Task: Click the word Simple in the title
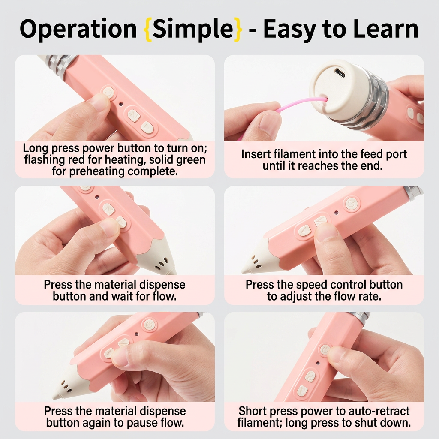(x=193, y=29)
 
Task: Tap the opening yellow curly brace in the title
(x=147, y=29)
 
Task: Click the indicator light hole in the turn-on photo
(x=121, y=104)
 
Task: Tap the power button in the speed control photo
(x=351, y=203)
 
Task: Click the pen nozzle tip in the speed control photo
(x=244, y=271)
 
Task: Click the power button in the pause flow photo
(x=149, y=325)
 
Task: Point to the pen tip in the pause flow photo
(x=55, y=397)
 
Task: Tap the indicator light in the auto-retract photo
(x=318, y=363)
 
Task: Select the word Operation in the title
(x=78, y=29)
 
